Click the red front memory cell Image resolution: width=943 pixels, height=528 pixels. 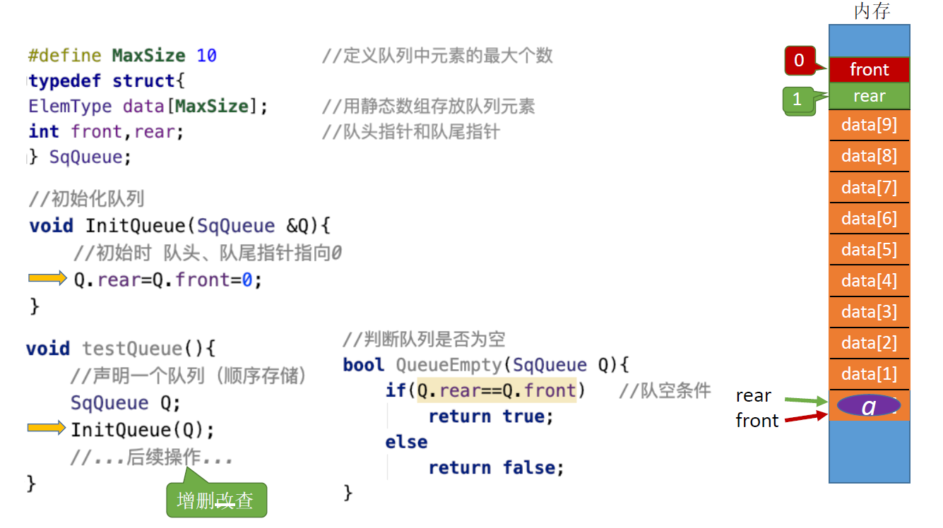click(869, 70)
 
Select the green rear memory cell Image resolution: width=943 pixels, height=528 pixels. click(869, 97)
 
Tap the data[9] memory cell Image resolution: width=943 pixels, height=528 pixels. click(869, 126)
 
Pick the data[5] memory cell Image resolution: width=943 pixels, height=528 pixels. click(869, 250)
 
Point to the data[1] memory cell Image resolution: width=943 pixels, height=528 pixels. click(869, 374)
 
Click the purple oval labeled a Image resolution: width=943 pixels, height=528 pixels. click(869, 406)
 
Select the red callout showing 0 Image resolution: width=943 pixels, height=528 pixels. click(800, 61)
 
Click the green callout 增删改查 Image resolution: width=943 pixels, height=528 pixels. click(215, 501)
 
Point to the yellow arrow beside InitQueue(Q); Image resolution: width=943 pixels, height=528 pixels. click(47, 428)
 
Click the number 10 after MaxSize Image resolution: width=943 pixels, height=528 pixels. click(207, 55)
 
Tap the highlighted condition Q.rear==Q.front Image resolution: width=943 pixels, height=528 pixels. click(497, 390)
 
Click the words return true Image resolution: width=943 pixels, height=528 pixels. click(491, 416)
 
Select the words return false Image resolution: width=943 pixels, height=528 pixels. click(496, 467)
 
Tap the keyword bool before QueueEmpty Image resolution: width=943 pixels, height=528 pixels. click(364, 365)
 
